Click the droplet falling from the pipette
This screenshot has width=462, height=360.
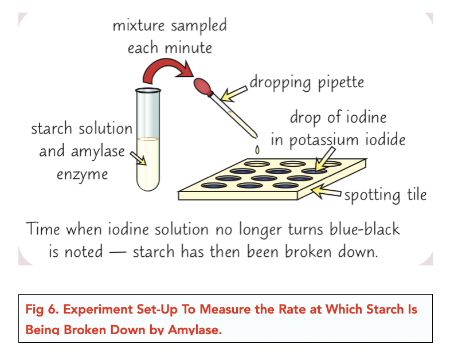click(x=257, y=150)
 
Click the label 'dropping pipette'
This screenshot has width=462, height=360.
click(x=306, y=82)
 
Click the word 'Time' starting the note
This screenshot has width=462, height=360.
click(x=45, y=229)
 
